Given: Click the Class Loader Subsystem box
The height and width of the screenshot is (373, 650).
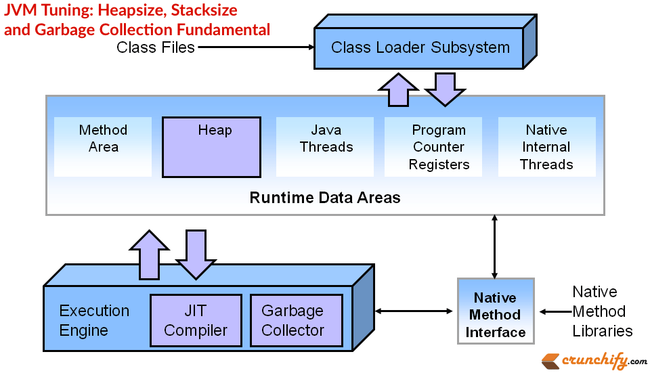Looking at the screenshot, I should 420,48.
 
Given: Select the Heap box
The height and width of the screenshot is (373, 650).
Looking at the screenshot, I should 211,147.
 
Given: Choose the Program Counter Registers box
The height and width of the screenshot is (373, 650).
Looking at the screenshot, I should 439,147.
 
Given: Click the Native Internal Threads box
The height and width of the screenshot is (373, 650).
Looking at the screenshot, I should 546,147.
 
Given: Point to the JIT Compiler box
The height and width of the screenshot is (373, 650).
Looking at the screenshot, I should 196,320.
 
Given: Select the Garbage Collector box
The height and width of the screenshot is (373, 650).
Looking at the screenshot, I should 293,320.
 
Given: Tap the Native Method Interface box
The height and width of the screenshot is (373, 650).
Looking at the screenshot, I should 496,315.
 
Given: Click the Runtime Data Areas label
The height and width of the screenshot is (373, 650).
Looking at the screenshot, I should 325,198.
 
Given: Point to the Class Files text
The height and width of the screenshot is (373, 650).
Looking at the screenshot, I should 156,47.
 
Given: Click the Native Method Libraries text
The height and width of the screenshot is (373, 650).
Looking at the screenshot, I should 602,311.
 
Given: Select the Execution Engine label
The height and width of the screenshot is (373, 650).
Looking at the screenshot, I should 94,320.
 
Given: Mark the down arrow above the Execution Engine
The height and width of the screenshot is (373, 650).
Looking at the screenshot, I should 196,254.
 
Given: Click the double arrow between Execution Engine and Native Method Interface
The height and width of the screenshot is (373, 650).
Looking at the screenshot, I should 414,311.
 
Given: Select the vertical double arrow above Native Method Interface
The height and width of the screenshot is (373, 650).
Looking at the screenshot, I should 495,246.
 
